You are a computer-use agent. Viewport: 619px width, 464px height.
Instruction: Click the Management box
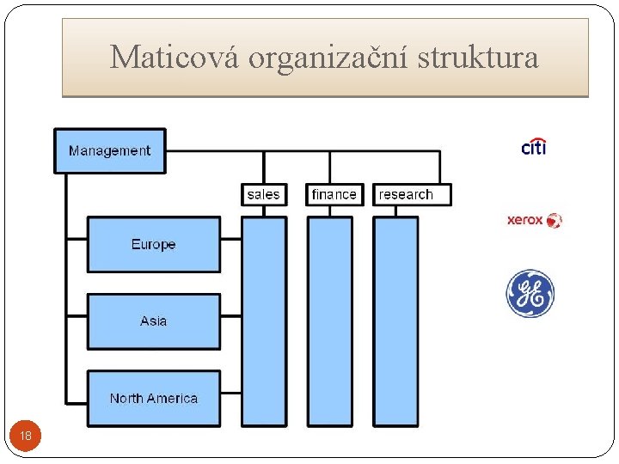(109, 150)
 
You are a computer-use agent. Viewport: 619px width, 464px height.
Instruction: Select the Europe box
(153, 244)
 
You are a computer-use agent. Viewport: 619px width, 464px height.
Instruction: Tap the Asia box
(153, 321)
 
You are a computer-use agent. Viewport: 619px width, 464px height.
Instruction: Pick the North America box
(153, 398)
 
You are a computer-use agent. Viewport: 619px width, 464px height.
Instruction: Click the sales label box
(263, 194)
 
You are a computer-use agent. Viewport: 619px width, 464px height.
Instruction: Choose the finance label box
(334, 194)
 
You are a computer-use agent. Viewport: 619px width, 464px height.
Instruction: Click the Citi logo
(533, 147)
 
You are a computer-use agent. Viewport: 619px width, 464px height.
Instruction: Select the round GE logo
(530, 294)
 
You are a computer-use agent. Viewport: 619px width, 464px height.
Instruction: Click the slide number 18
(26, 437)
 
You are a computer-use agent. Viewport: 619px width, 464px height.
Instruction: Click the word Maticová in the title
(175, 58)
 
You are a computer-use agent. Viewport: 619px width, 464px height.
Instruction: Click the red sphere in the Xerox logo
(554, 220)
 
